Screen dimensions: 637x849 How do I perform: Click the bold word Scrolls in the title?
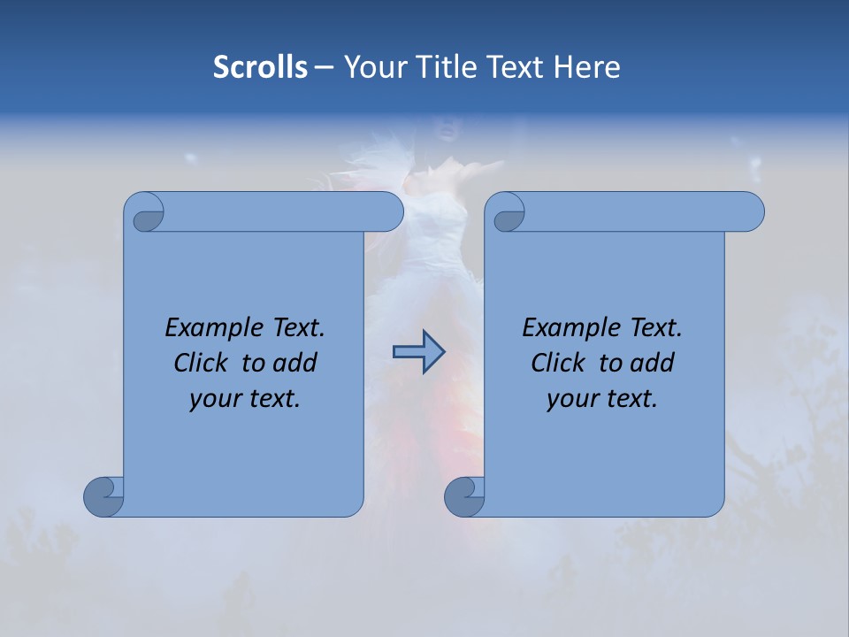click(261, 67)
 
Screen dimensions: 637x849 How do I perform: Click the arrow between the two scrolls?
click(418, 352)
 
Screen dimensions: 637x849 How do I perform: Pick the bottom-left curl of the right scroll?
click(465, 495)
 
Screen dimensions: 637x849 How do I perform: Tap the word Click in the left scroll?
click(202, 364)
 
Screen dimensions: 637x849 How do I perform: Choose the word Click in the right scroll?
click(559, 364)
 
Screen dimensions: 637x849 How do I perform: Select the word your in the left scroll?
click(213, 399)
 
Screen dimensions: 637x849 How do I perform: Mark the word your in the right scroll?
click(570, 399)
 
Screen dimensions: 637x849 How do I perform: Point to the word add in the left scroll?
click(294, 364)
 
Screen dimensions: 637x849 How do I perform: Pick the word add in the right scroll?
click(652, 364)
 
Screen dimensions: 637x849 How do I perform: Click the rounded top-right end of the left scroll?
click(389, 211)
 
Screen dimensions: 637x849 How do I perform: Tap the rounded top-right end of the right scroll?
click(750, 211)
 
